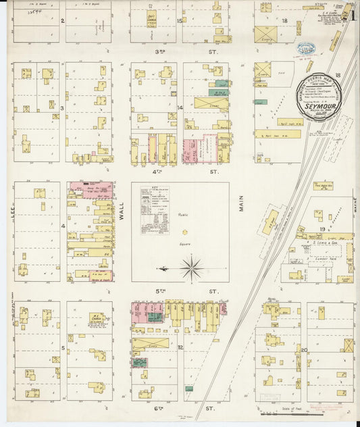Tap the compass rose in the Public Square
click(192, 268)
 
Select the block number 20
click(305, 349)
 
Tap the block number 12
click(180, 347)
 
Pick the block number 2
click(62, 21)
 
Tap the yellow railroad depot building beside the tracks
click(270, 222)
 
